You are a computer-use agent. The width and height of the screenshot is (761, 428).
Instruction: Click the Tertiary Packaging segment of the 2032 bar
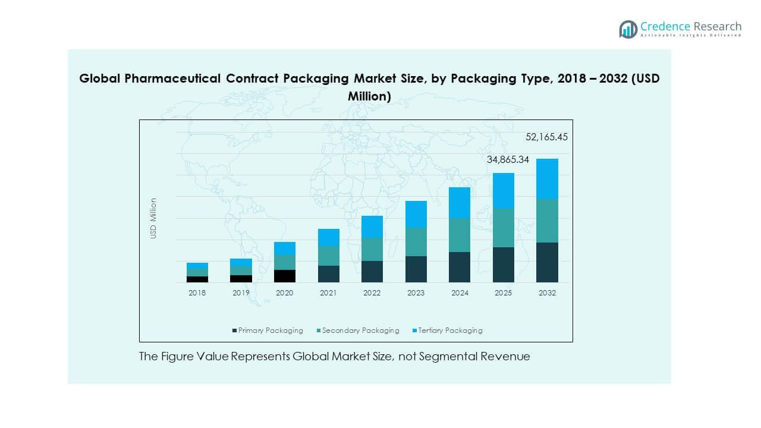coord(547,178)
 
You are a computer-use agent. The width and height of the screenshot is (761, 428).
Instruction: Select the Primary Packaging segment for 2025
coord(503,265)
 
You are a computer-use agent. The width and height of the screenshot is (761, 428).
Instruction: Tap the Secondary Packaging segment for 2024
coord(459,235)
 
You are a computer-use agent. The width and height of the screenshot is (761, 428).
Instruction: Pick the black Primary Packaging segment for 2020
coord(285,276)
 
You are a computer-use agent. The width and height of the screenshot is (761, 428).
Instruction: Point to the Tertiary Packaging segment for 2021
coord(328,237)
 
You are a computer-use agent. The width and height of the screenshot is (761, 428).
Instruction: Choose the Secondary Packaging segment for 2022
coord(372,249)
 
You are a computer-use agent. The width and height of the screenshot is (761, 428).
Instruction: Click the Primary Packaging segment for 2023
coord(416,269)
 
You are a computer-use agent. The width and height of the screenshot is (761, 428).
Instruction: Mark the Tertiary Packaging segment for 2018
coord(197,265)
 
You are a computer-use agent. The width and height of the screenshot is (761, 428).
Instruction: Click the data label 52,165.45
coord(546,137)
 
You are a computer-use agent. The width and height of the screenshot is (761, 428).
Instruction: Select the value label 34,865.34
coord(508,159)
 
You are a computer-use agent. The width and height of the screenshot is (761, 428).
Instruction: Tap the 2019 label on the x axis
coord(241,293)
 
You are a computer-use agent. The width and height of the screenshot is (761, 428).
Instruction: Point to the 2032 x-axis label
coord(547,293)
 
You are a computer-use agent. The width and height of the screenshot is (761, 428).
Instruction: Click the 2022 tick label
coord(372,293)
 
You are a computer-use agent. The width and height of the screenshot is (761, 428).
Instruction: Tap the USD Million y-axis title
coord(153,218)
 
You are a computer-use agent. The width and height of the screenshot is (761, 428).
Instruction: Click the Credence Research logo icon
coord(628,29)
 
